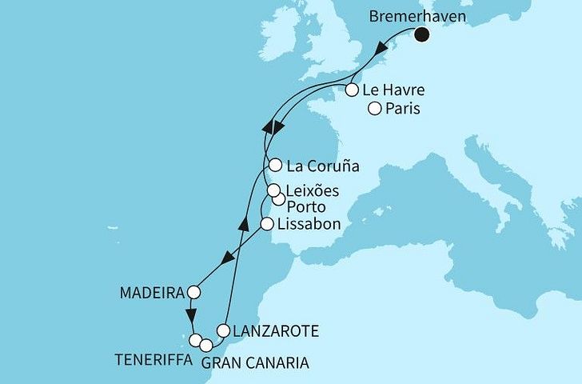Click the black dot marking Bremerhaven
coord(421,34)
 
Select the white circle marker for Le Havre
coord(352,90)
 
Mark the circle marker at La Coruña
coord(275,166)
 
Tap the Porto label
coord(313,208)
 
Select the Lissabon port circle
coord(268,225)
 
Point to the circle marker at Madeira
coord(193,291)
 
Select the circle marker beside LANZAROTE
coord(224,330)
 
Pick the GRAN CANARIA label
coord(254,363)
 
